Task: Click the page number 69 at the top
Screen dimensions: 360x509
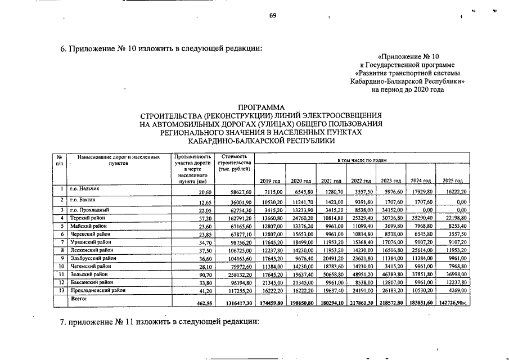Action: coord(272,15)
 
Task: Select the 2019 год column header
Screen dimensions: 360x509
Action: coord(271,181)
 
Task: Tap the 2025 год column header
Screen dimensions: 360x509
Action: coord(453,181)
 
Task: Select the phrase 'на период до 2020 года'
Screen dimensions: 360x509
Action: coord(408,89)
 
